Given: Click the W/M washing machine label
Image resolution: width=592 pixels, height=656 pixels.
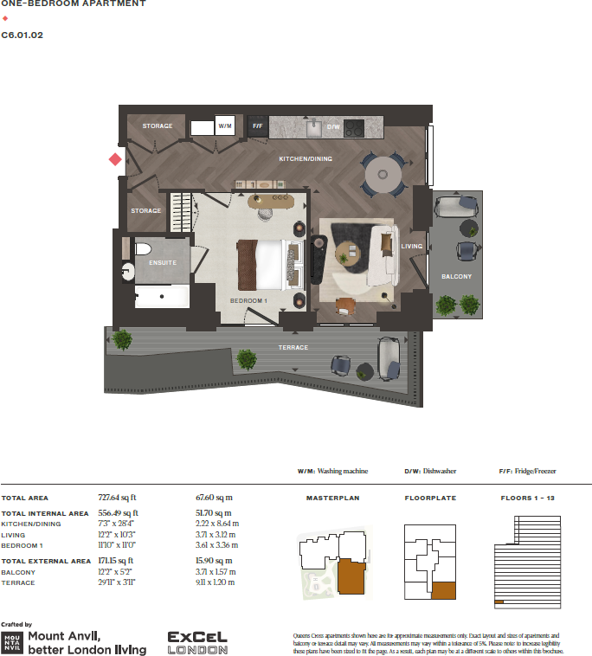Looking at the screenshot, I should [x=225, y=126].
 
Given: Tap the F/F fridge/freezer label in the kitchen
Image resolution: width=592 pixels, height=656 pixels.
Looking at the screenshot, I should [x=257, y=126].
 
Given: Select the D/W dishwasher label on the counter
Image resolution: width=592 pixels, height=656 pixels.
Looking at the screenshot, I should [x=333, y=127].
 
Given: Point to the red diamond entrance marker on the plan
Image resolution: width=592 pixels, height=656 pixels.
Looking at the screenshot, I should [x=114, y=159].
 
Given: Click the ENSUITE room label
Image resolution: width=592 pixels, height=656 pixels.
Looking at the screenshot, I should [x=163, y=262].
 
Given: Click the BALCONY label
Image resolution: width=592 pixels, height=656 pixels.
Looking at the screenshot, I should [x=456, y=277].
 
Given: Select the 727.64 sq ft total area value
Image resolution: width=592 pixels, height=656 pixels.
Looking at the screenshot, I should [x=118, y=498].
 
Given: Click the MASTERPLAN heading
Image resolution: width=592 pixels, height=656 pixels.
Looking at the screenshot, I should [x=332, y=498].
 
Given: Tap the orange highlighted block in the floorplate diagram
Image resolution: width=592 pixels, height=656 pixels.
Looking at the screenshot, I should [x=442, y=591].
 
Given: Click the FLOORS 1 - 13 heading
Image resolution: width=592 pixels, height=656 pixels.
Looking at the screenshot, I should [x=529, y=498].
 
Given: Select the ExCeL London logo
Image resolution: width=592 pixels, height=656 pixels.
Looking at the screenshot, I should [x=197, y=641].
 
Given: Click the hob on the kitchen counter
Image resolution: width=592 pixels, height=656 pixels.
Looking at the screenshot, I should [x=355, y=128].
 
